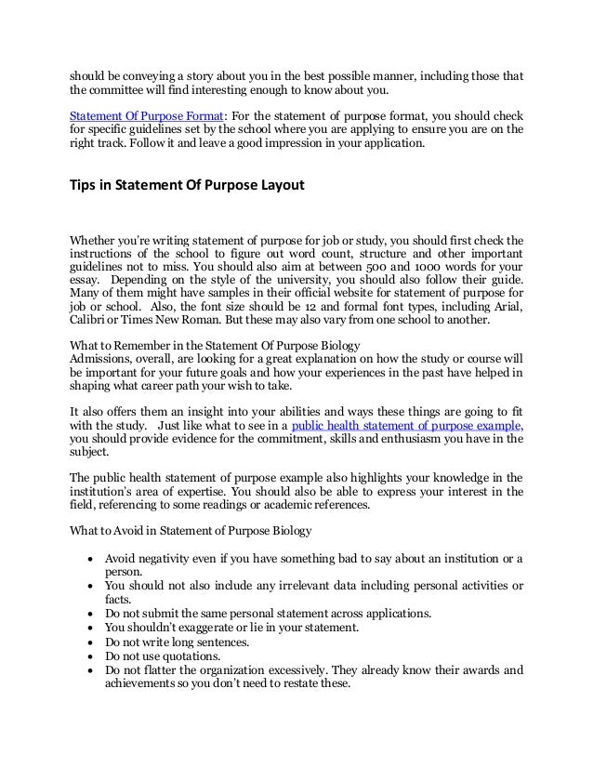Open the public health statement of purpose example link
tap(406, 426)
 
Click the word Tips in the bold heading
tap(86, 185)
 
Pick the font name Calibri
tap(90, 322)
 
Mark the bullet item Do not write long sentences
tap(178, 641)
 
